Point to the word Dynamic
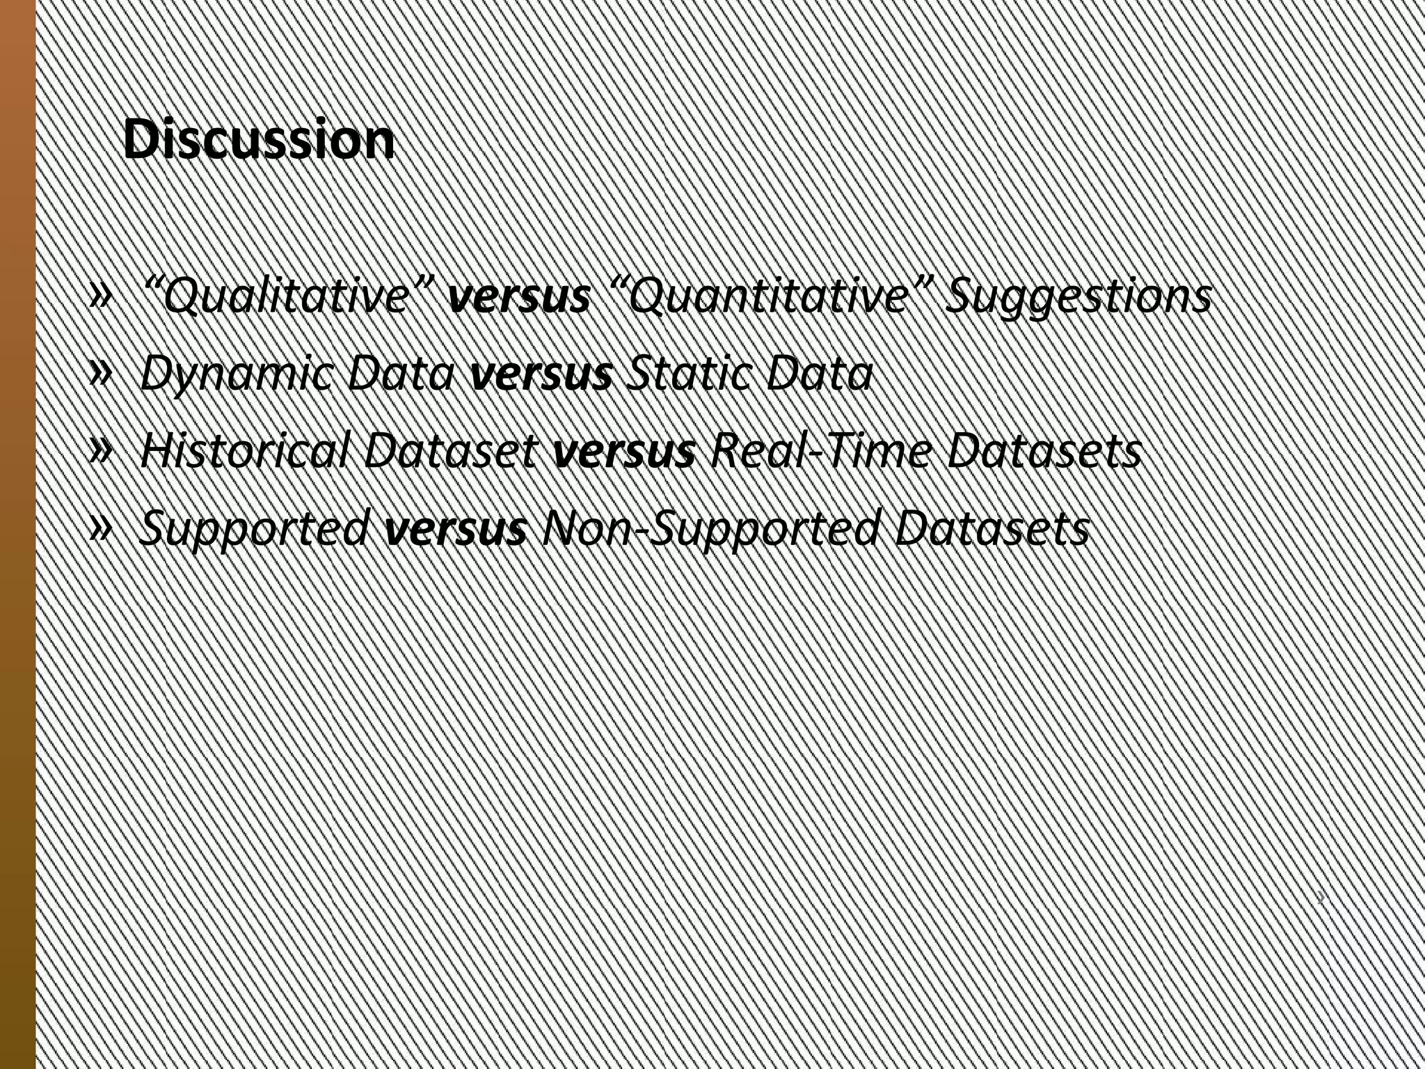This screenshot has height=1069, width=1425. pos(237,374)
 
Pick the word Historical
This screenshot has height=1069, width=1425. pos(244,452)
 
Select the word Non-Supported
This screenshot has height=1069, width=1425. pos(710,529)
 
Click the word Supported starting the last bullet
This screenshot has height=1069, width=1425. pos(255,529)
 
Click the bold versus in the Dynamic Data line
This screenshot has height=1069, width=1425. pos(541,374)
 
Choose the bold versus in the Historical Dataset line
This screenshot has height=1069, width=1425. pos(624,452)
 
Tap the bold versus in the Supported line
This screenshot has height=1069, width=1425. pos(456,529)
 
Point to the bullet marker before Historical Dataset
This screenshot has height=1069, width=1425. pos(101,452)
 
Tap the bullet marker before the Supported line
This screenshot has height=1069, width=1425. pos(101,529)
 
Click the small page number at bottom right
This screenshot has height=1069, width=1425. pos(1320,898)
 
